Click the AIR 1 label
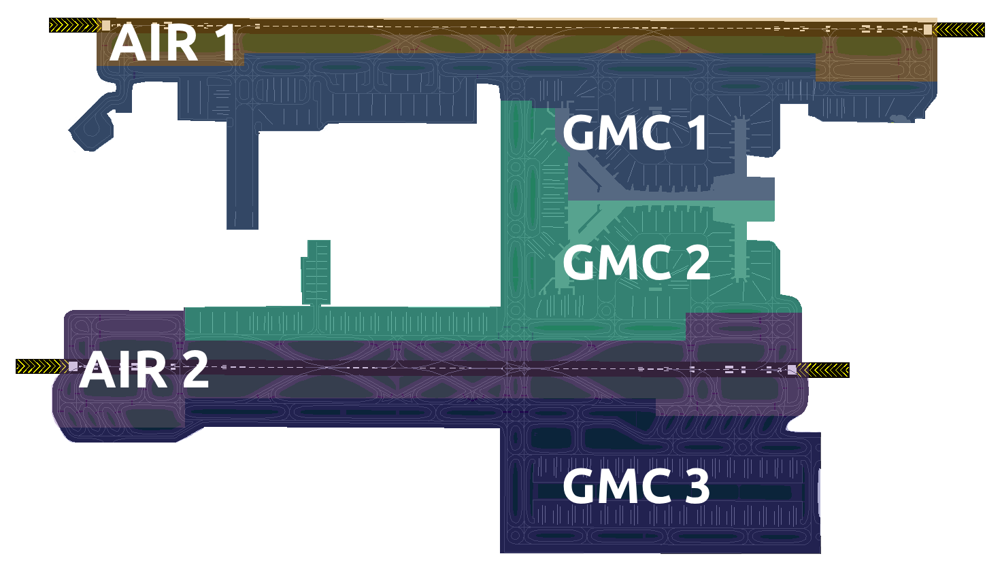tap(173, 43)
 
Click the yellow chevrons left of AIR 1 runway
tap(75, 25)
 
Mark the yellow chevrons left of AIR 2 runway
tap(41, 367)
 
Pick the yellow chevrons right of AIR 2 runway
tap(824, 370)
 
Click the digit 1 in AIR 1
tap(227, 43)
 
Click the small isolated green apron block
tap(317, 273)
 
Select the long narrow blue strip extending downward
tap(242, 175)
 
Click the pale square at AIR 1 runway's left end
tap(106, 25)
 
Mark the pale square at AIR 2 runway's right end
tap(792, 369)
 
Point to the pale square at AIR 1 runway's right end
tap(928, 29)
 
